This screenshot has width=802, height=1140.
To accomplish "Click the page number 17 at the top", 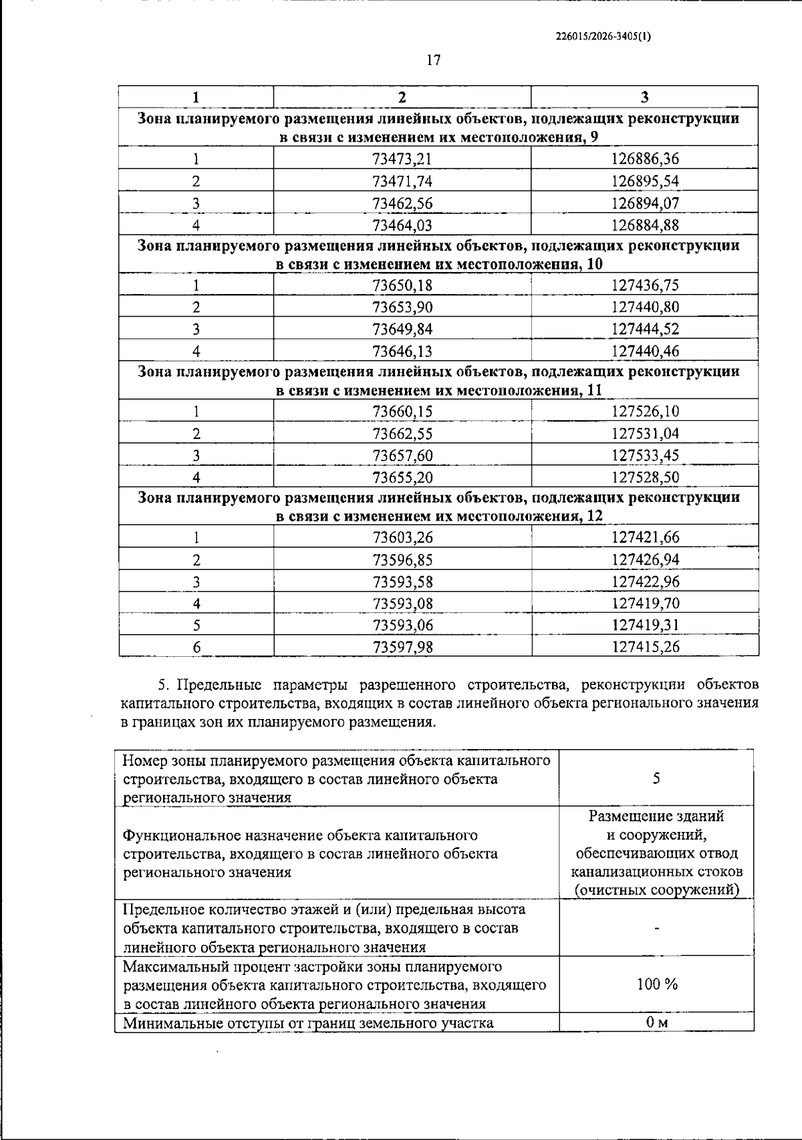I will (433, 61).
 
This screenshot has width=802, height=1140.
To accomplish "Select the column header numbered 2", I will (402, 97).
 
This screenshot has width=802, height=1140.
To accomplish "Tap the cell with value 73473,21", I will (402, 159).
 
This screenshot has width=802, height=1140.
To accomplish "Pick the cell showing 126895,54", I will (645, 181).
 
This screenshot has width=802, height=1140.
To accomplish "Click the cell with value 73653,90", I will (402, 307).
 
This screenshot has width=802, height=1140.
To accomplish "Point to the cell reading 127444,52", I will (645, 329).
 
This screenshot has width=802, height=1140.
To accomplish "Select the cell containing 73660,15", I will (402, 412).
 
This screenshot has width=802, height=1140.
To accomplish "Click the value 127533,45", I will (645, 456).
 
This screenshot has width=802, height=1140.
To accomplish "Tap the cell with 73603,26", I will (402, 537).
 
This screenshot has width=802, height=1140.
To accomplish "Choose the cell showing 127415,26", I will (645, 647).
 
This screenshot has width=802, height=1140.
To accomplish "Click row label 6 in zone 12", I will (196, 647).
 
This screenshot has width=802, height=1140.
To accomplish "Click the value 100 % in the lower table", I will (656, 984).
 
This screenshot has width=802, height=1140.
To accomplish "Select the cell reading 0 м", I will (656, 1023).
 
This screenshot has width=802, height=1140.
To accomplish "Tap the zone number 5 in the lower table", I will (656, 778).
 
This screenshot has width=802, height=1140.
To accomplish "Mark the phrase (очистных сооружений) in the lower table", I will (656, 890).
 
